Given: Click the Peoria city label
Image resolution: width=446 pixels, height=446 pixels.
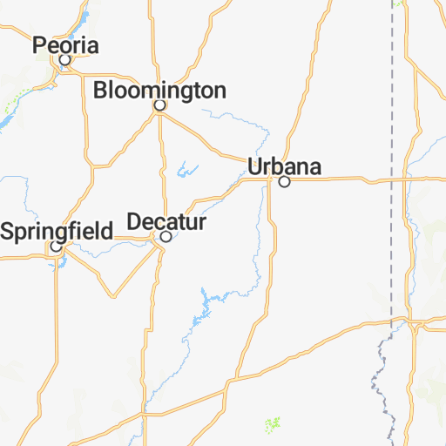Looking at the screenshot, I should point(65,45).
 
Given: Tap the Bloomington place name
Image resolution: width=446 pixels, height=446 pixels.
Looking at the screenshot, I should point(159,90).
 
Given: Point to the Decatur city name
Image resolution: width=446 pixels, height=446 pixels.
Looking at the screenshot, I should point(166,221).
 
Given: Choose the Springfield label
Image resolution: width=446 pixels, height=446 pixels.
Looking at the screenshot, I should point(57,232).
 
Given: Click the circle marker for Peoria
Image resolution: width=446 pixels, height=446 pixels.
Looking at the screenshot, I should point(64,60).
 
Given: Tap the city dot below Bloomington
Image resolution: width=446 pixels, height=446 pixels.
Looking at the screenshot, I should point(160,105).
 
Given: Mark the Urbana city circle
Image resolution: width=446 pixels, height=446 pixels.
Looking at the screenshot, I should point(284,181).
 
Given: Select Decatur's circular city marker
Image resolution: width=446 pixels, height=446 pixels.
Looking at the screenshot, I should point(165,236).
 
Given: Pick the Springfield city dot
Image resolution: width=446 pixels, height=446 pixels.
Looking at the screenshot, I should point(57,247).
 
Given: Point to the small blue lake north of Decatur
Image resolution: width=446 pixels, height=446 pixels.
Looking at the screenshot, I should point(186,169).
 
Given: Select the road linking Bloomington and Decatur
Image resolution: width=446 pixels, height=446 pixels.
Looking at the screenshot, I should point(161,166).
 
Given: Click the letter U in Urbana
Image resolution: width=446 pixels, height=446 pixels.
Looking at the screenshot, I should point(254,166).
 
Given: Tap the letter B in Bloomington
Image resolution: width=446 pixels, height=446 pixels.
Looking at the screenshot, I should point(99,90).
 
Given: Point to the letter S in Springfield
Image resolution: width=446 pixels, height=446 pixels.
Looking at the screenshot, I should point(7,232).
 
